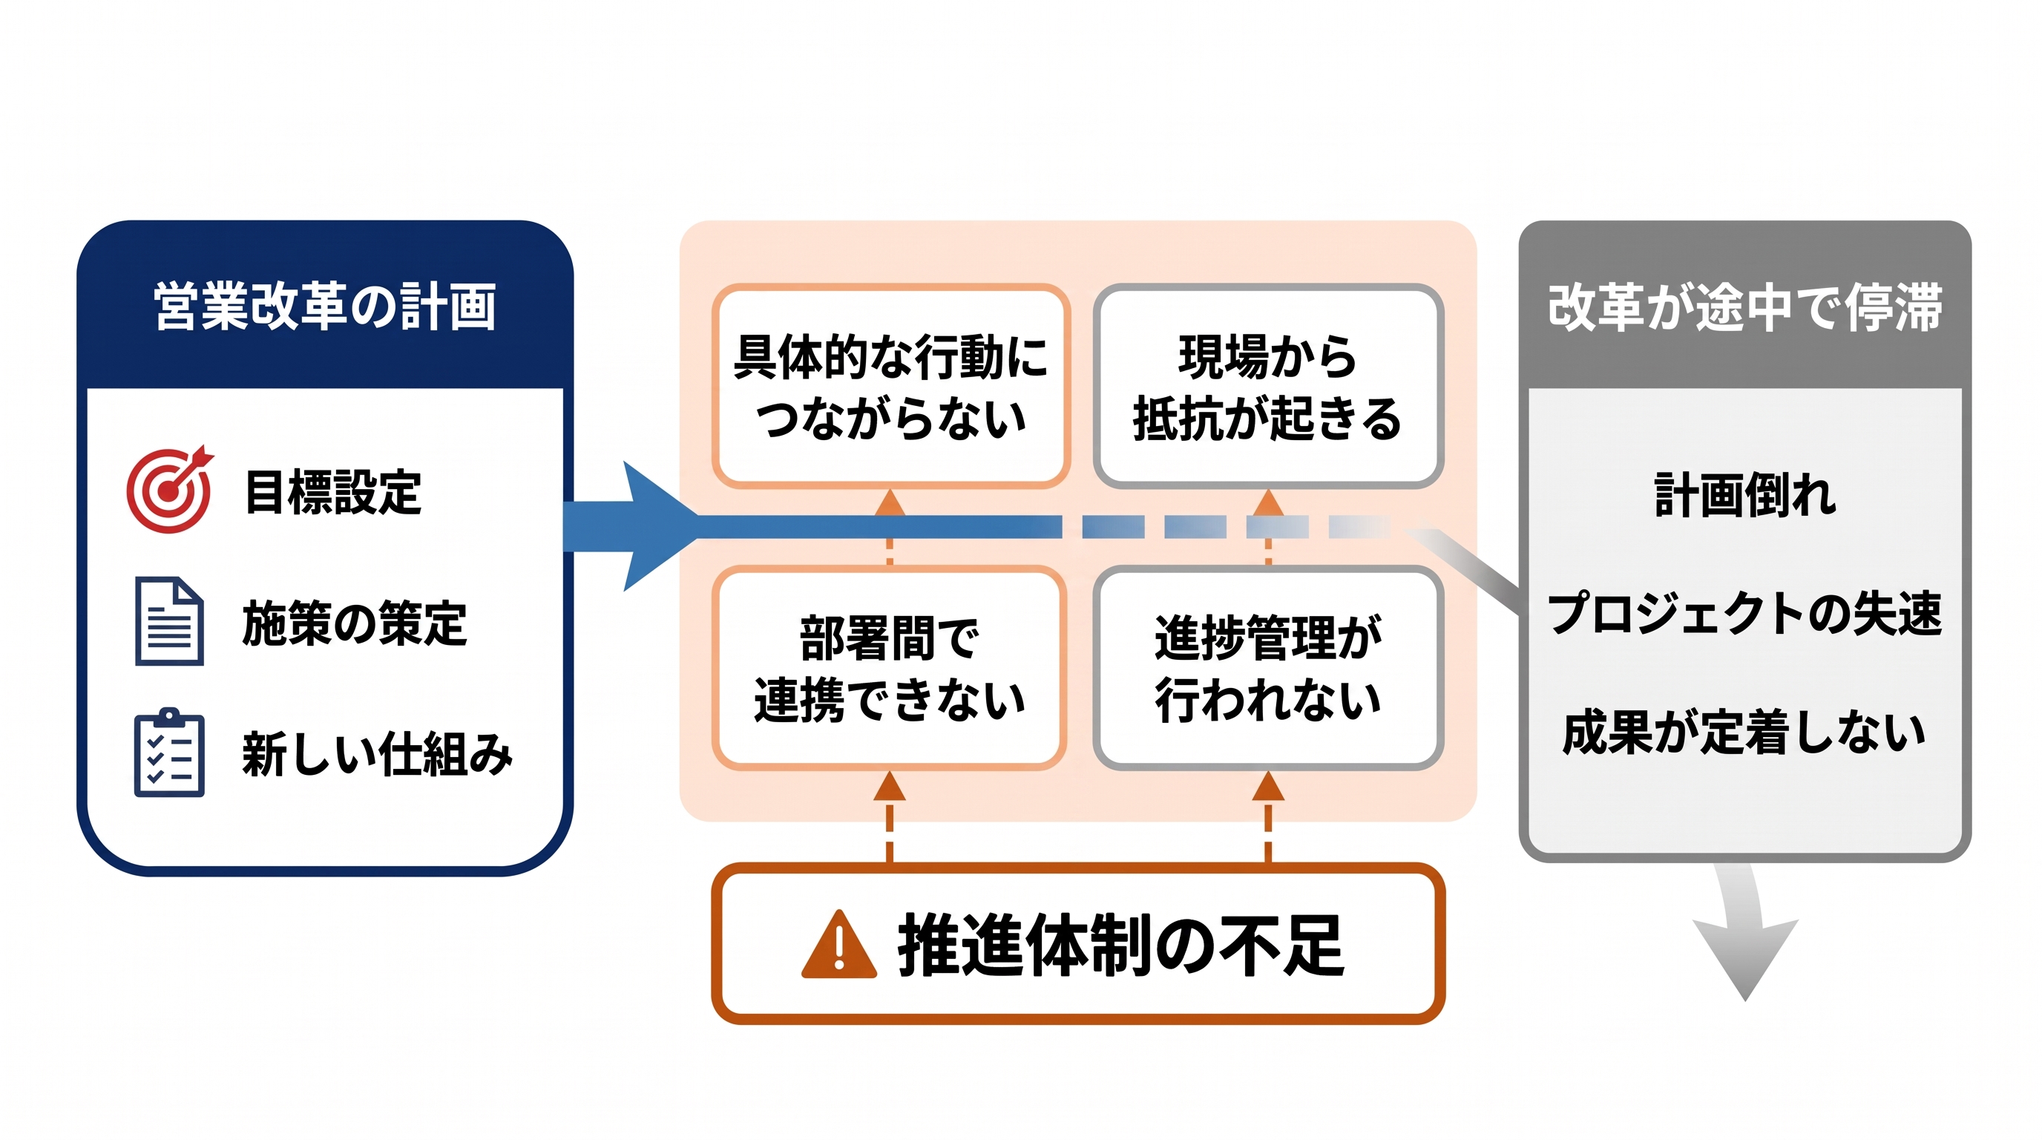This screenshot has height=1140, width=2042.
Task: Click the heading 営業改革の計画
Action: click(325, 307)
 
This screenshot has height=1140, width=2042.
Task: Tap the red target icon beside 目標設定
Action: click(170, 489)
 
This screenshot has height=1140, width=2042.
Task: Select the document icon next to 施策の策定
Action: click(169, 620)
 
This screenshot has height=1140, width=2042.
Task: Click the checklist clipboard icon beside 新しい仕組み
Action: click(169, 753)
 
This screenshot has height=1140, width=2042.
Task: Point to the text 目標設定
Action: click(333, 492)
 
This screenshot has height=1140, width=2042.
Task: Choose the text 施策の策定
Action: click(355, 623)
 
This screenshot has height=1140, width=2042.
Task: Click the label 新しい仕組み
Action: click(378, 754)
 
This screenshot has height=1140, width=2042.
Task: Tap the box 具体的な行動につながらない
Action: click(891, 386)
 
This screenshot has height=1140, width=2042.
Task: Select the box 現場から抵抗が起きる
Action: click(1267, 386)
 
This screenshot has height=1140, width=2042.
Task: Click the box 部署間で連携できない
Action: click(889, 667)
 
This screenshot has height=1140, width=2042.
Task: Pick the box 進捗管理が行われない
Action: click(1267, 667)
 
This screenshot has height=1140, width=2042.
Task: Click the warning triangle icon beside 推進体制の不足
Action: click(838, 945)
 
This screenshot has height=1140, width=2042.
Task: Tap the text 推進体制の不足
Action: click(1120, 945)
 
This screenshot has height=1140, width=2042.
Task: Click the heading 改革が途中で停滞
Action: click(1744, 307)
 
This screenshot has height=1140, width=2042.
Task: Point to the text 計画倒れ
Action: click(1744, 495)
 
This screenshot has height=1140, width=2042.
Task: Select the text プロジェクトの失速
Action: click(1744, 613)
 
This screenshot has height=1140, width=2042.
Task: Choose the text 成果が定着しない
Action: click(1744, 732)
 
